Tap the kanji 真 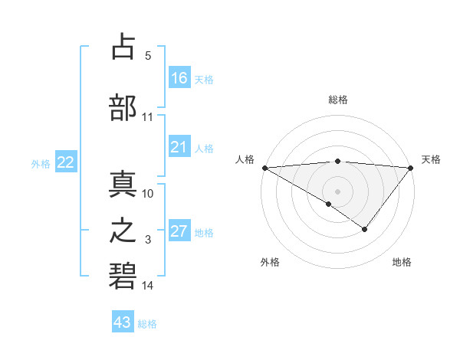(123, 183)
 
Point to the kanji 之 (123, 230)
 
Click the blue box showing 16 (179, 77)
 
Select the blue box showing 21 (179, 147)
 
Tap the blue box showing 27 (179, 231)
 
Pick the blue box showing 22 (66, 162)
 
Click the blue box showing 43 (123, 322)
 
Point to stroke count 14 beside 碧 (148, 286)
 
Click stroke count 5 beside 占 (148, 56)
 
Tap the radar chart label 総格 (337, 99)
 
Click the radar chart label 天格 (431, 159)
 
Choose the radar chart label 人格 (245, 159)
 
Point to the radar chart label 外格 (270, 262)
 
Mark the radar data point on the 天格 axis (411, 167)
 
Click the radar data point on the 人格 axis (264, 167)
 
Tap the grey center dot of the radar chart (337, 191)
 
